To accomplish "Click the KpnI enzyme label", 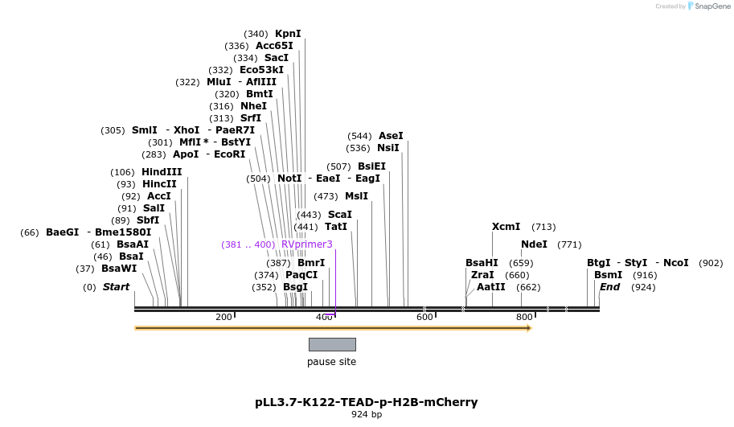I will click(x=288, y=34).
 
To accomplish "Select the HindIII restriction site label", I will click(x=162, y=172).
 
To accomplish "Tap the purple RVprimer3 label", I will click(x=306, y=244).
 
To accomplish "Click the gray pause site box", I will click(x=332, y=344).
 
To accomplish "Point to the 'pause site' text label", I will click(x=331, y=362).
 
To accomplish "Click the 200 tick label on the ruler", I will click(x=223, y=318).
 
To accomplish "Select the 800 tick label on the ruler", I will click(x=524, y=318).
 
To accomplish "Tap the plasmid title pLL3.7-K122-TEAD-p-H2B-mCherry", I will click(x=366, y=402).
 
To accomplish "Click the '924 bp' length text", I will click(x=367, y=415).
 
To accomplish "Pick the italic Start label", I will click(x=116, y=287).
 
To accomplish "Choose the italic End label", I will click(x=609, y=287).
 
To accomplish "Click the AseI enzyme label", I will click(x=391, y=136).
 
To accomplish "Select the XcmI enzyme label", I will click(x=506, y=227).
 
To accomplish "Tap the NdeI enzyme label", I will click(x=534, y=244).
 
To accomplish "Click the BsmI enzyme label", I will click(x=608, y=275).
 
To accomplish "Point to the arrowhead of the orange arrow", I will click(x=529, y=328).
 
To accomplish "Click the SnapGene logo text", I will click(x=712, y=6).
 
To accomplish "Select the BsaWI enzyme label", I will click(x=119, y=269).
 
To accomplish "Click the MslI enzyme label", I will click(x=356, y=196).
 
